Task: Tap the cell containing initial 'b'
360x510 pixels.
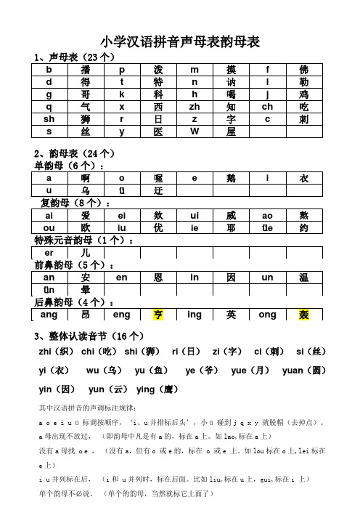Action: click(x=49, y=70)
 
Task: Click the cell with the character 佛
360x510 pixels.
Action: click(x=303, y=70)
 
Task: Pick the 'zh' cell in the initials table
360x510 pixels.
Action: click(x=195, y=105)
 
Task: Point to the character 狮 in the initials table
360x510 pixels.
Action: click(x=86, y=118)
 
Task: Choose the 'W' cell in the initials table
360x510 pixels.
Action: click(x=195, y=131)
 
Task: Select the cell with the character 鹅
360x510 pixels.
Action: click(x=231, y=178)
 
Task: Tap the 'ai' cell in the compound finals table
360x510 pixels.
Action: click(x=49, y=215)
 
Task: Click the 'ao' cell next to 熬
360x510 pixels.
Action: click(x=267, y=215)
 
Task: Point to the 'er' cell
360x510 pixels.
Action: click(x=49, y=252)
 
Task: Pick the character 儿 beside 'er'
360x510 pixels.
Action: click(x=86, y=252)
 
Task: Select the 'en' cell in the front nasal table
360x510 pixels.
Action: click(x=122, y=278)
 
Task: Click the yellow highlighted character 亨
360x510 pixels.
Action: click(x=158, y=315)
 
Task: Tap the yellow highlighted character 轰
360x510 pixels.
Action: click(x=303, y=315)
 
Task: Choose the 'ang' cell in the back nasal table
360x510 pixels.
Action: click(x=49, y=315)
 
